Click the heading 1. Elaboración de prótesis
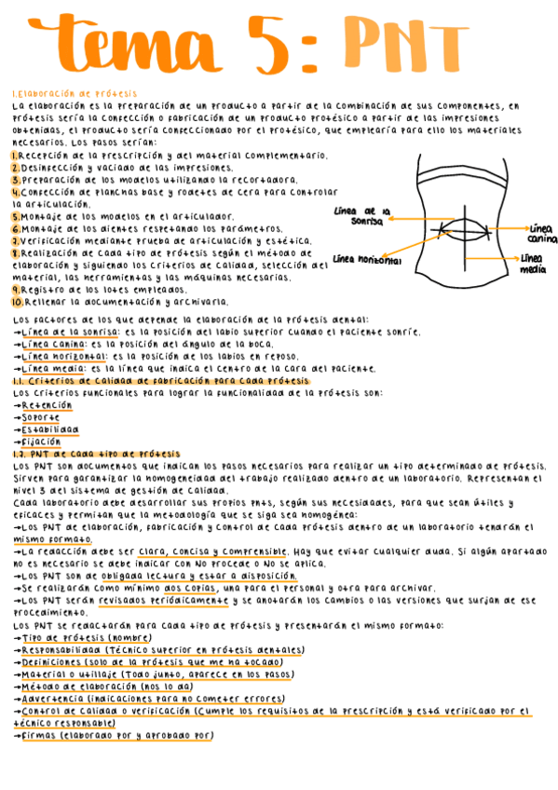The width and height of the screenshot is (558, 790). (x=75, y=94)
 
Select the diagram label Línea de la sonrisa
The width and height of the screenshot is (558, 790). (x=362, y=216)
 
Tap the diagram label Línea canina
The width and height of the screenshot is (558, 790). (x=541, y=233)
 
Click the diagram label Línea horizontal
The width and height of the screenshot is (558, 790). (x=366, y=259)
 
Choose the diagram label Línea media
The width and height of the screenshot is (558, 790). (x=533, y=264)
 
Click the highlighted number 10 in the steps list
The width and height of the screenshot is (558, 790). (x=18, y=302)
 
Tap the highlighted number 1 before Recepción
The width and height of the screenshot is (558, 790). (x=16, y=156)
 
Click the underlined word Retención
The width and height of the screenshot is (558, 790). (x=47, y=405)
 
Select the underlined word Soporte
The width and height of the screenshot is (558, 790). (x=41, y=417)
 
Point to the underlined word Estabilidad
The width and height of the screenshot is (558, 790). (x=50, y=429)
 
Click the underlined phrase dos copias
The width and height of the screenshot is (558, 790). (x=190, y=589)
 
